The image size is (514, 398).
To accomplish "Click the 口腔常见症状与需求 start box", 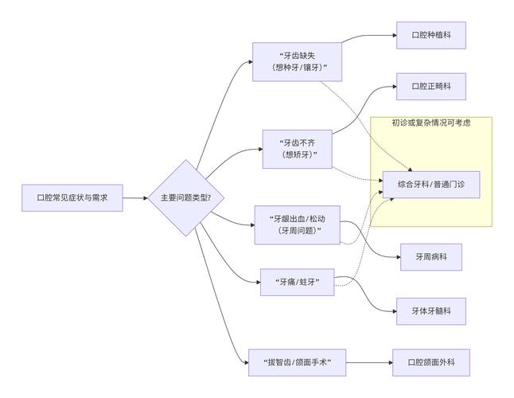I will click(72, 197).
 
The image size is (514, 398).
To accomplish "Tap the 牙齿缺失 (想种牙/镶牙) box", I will click(297, 61).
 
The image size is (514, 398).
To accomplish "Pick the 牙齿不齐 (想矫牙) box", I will click(298, 148).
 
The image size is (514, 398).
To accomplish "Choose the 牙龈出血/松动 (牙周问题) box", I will click(298, 224).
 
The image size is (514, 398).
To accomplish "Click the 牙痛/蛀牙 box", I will click(298, 282).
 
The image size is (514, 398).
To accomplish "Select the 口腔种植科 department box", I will click(431, 35).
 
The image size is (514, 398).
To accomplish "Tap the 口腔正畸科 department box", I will click(431, 86).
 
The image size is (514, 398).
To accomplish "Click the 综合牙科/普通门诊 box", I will click(431, 184).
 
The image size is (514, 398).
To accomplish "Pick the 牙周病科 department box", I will click(431, 257).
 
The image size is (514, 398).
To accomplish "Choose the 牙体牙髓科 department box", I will click(431, 310).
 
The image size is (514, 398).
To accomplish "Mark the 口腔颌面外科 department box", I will click(431, 363).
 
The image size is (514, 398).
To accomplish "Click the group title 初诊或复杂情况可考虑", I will click(431, 123).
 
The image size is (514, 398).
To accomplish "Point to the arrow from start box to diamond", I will click(135, 197).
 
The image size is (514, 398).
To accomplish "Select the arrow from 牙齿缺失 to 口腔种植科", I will click(370, 36).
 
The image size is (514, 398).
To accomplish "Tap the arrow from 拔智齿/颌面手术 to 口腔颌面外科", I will click(370, 363).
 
